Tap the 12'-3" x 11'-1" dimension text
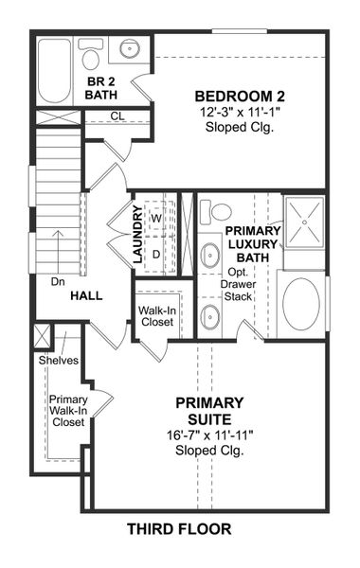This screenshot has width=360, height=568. click(x=240, y=112)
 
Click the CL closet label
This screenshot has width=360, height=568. click(x=117, y=115)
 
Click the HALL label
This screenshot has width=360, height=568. click(x=86, y=295)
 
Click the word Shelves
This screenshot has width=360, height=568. click(x=59, y=361)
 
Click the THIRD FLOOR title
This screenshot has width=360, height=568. click(x=179, y=529)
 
